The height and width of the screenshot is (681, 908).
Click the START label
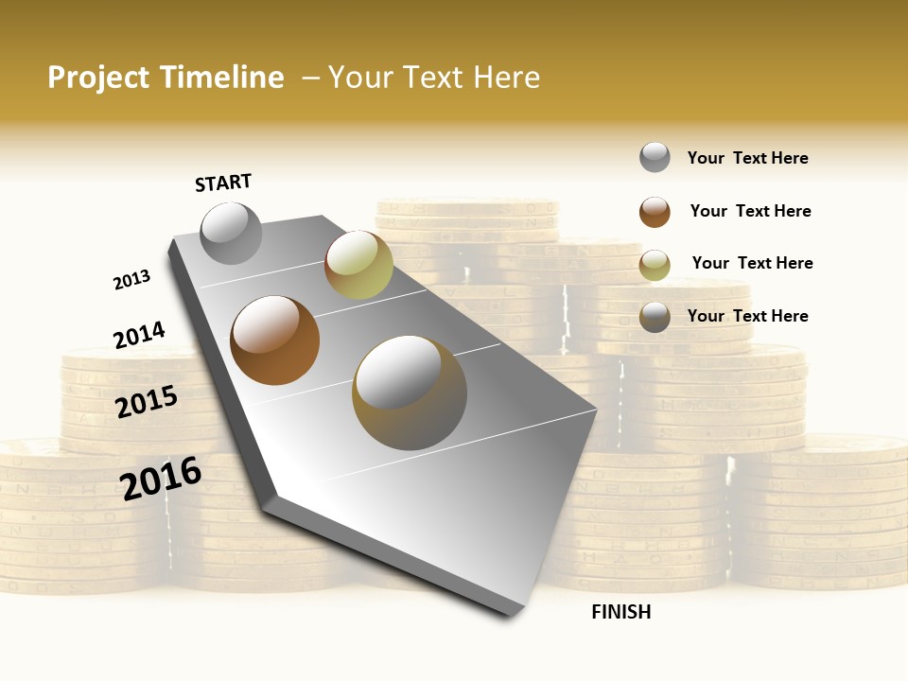pyautogui.click(x=223, y=183)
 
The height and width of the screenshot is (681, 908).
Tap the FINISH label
pyautogui.click(x=620, y=612)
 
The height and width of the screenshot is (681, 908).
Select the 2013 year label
pyautogui.click(x=131, y=280)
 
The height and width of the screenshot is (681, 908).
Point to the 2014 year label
pyautogui.click(x=139, y=335)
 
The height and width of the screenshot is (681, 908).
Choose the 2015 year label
pyautogui.click(x=147, y=401)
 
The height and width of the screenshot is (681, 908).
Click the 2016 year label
pyautogui.click(x=161, y=478)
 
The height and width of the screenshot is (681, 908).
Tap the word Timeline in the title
pyautogui.click(x=222, y=78)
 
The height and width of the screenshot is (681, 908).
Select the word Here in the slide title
pyautogui.click(x=506, y=78)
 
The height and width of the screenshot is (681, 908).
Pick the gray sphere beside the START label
pyautogui.click(x=232, y=233)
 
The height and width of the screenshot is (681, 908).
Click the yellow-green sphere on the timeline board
pyautogui.click(x=358, y=264)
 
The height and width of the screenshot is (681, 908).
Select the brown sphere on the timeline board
pyautogui.click(x=275, y=340)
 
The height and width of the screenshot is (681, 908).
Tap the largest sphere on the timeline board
pyautogui.click(x=410, y=392)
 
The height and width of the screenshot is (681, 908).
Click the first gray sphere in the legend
pyautogui.click(x=655, y=157)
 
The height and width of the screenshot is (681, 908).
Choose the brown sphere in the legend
pyautogui.click(x=655, y=212)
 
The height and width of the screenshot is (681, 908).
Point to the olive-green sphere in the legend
pyautogui.click(x=655, y=265)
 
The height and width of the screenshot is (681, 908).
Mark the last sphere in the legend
pyautogui.click(x=655, y=317)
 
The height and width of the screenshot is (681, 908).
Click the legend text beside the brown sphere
pyautogui.click(x=750, y=211)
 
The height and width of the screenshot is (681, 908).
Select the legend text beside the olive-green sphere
pyautogui.click(x=752, y=263)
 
